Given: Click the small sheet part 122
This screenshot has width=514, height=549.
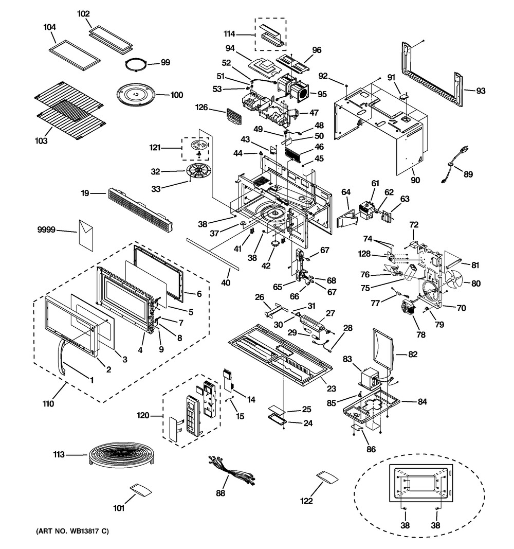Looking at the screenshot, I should [327, 477].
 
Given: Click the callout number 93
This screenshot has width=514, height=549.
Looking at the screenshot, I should [481, 91].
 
